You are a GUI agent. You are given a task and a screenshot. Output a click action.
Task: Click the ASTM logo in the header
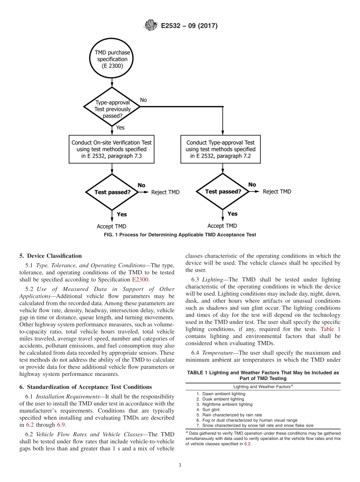pyautogui.click(x=151, y=26)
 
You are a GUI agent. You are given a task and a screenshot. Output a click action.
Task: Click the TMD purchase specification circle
pyautogui.click(x=112, y=59)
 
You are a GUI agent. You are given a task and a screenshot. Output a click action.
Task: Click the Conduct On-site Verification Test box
pyautogui.click(x=111, y=149)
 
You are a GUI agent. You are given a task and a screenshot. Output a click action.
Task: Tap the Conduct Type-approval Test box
pyautogui.click(x=221, y=149)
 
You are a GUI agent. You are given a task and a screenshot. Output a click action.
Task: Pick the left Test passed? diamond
pyautogui.click(x=112, y=192)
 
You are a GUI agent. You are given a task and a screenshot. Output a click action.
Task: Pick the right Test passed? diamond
pyautogui.click(x=223, y=192)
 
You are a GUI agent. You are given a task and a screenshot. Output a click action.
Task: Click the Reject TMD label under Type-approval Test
pyautogui.click(x=277, y=192)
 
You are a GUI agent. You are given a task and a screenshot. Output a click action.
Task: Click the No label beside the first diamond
pyautogui.click(x=143, y=100)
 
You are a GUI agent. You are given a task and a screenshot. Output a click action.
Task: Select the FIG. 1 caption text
pyautogui.click(x=180, y=235)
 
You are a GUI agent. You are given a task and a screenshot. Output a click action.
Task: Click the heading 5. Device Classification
pyautogui.click(x=50, y=256)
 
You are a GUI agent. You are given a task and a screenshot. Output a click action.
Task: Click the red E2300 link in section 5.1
pyautogui.click(x=140, y=280)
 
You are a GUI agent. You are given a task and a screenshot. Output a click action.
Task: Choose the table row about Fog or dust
pyautogui.click(x=247, y=420)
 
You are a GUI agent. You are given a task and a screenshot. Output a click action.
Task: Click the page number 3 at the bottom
pyautogui.click(x=180, y=466)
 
